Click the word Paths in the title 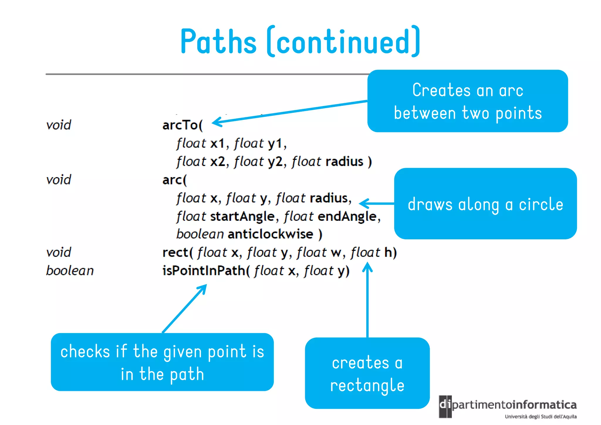pyautogui.click(x=218, y=42)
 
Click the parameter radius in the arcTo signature pyautogui.click(x=344, y=162)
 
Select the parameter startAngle pyautogui.click(x=242, y=217)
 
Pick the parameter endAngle pyautogui.click(x=347, y=217)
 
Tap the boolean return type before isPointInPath pyautogui.click(x=70, y=271)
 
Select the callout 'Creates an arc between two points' pyautogui.click(x=467, y=101)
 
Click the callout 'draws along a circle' pyautogui.click(x=485, y=204)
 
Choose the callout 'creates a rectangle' pyautogui.click(x=367, y=373)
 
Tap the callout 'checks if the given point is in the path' pyautogui.click(x=162, y=362)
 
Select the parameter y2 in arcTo pyautogui.click(x=275, y=162)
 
